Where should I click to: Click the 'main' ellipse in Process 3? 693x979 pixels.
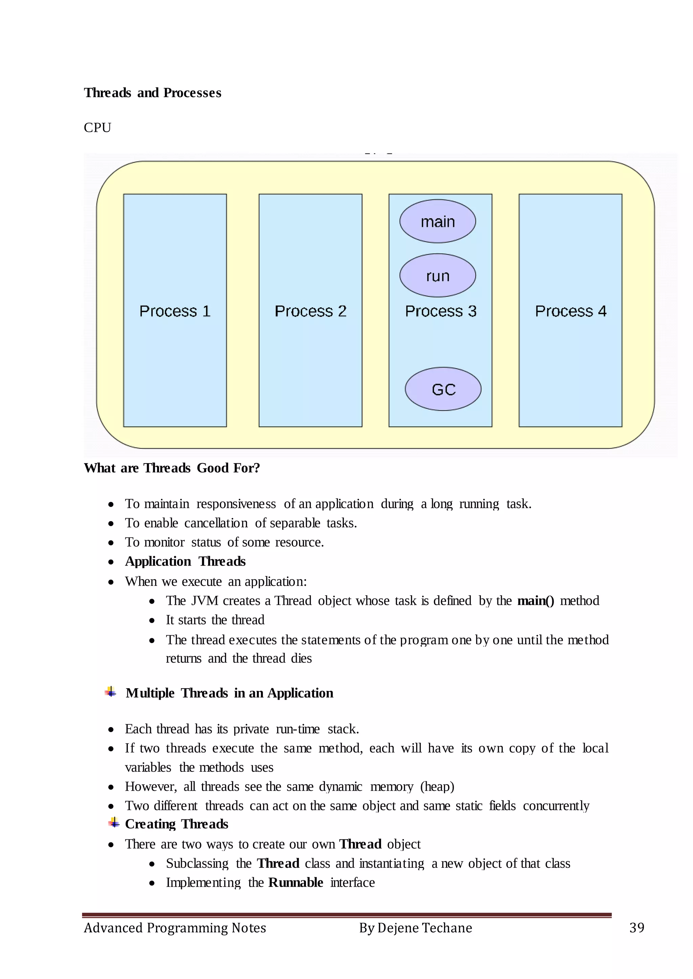point(438,221)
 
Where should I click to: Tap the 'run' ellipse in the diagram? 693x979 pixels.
point(438,276)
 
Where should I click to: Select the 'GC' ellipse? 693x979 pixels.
point(443,389)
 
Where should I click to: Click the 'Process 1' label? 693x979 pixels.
point(175,311)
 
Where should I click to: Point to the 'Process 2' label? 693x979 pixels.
point(310,311)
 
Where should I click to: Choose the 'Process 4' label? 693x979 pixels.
point(571,311)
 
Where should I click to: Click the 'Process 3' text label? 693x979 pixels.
point(440,311)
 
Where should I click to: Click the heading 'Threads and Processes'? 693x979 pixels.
point(152,93)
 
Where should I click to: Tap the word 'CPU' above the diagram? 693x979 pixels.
point(97,127)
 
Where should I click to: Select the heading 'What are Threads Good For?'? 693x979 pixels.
point(172,468)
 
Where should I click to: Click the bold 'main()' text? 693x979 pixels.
point(536,600)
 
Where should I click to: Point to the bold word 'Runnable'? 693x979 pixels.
point(295,882)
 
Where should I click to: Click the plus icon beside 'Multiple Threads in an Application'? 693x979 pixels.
point(111,692)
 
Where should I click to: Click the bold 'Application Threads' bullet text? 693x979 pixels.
point(185,561)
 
